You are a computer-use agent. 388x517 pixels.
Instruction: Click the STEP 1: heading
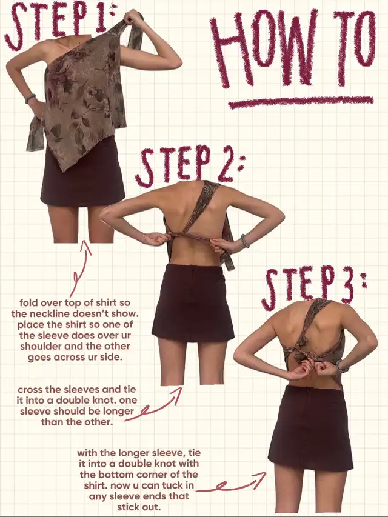(59, 25)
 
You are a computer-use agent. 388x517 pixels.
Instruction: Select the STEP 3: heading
(313, 286)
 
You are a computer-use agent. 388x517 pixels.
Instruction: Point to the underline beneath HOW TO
(301, 102)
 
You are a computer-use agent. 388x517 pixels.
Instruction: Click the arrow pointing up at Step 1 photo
(81, 268)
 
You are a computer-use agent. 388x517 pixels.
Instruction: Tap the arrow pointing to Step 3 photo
(231, 482)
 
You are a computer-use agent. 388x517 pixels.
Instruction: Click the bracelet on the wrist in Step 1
(30, 98)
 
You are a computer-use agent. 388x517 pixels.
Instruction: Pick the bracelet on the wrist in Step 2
(244, 241)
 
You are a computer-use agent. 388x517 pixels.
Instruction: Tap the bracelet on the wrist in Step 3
(341, 366)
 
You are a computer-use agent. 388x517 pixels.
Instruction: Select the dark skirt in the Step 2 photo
(193, 302)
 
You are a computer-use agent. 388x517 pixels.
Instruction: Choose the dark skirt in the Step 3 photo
(310, 428)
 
